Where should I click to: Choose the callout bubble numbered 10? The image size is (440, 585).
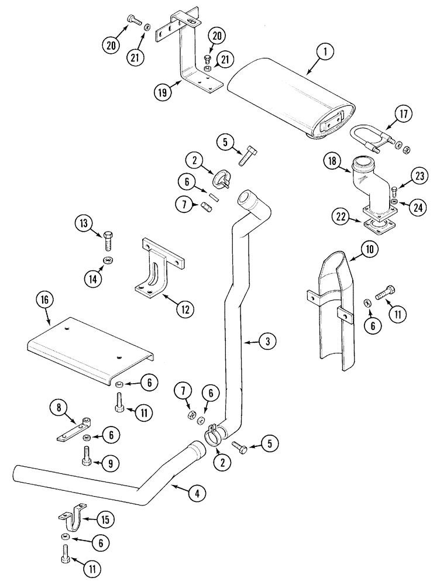point(369,249)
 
